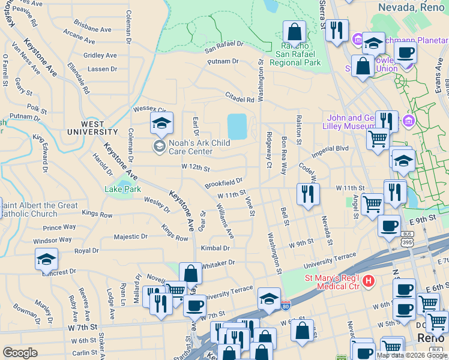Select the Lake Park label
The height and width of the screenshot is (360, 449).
(122, 190)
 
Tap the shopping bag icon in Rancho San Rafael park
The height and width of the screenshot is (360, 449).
(294, 31)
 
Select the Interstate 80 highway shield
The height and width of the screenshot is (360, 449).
(286, 305)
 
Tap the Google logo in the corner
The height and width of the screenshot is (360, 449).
(20, 353)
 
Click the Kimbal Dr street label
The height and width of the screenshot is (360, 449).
(215, 248)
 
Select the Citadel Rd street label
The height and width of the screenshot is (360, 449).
(240, 100)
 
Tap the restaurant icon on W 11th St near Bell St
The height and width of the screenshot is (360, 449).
(306, 194)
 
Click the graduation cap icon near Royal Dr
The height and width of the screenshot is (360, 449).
(46, 259)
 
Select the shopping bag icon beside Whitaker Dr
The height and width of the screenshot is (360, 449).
(190, 274)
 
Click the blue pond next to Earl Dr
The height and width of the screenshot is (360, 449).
(237, 127)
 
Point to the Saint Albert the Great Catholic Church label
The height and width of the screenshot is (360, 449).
(38, 209)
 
